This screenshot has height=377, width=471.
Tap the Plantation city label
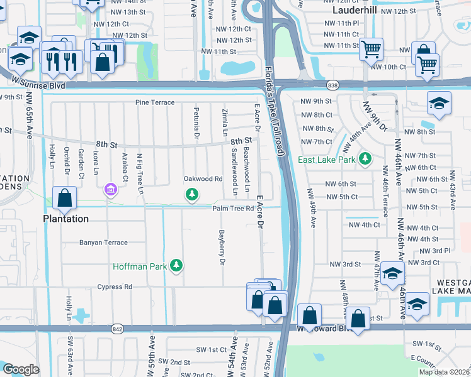pyautogui.click(x=65, y=219)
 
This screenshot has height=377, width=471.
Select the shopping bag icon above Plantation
pyautogui.click(x=65, y=198)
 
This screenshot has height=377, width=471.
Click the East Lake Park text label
pyautogui.click(x=326, y=160)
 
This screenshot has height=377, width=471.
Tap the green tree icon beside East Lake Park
pyautogui.click(x=364, y=159)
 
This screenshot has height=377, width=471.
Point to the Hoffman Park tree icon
pyautogui.click(x=178, y=266)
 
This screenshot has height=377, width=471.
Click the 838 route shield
pyautogui.click(x=334, y=85)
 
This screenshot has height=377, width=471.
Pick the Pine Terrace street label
pyautogui.click(x=155, y=102)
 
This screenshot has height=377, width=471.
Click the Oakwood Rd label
pyautogui.click(x=203, y=179)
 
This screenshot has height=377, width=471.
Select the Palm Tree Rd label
pyautogui.click(x=232, y=209)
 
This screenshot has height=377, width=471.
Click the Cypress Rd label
pyautogui.click(x=115, y=287)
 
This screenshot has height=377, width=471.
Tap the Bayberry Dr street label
pyautogui.click(x=222, y=248)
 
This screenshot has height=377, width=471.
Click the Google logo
pyautogui.click(x=21, y=370)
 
